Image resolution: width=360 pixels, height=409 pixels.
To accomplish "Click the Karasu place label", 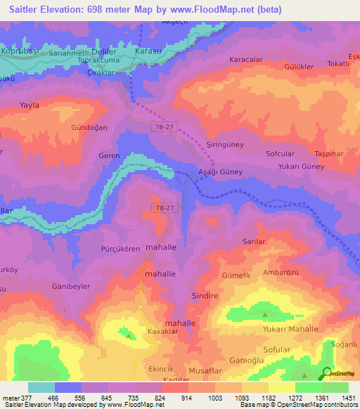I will click(149, 51).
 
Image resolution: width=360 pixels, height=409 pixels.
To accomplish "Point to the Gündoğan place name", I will click(89, 128).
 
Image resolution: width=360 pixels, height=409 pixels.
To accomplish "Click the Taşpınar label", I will click(329, 152).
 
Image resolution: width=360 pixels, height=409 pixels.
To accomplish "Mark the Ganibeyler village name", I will click(72, 287).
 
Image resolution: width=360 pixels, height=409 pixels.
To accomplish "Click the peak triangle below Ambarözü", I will click(265, 315).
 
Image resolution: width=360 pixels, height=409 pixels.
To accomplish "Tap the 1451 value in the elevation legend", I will click(347, 397).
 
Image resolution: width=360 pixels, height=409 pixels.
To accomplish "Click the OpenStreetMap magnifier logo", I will click(327, 373).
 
